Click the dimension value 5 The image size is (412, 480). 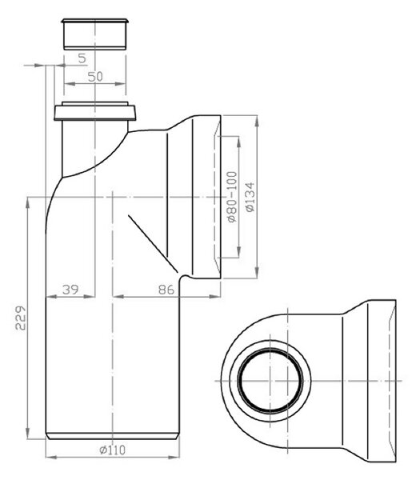tap(82, 58)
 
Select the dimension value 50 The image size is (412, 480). tap(95, 77)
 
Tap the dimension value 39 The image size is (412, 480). tap(70, 290)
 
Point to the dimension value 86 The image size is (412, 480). tap(166, 290)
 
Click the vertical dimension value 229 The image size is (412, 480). tap(21, 317)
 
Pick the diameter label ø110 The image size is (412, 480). tap(112, 450)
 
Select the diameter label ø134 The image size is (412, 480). tap(250, 197)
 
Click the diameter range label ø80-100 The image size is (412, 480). tap(233, 197)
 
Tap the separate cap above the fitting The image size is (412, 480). tap(95, 34)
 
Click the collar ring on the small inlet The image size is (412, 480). tap(95, 113)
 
